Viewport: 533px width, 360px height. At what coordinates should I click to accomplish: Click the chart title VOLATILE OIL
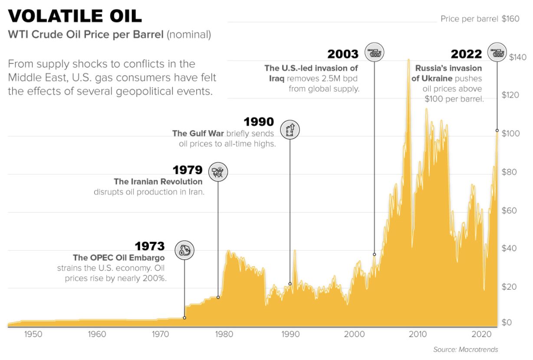click(75, 16)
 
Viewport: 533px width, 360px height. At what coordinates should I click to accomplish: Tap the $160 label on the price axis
click(510, 19)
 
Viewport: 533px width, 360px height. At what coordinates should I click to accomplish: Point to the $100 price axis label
click(510, 134)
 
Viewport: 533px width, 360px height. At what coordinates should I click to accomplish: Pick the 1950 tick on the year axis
click(33, 334)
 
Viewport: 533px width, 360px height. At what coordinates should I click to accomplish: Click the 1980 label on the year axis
click(224, 334)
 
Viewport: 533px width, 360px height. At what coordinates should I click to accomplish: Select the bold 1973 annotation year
click(150, 246)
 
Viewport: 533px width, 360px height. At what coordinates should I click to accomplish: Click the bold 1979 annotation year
click(188, 170)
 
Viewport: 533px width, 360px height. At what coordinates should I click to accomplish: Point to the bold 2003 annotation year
click(343, 54)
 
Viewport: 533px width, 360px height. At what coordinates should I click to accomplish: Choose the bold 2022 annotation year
click(466, 54)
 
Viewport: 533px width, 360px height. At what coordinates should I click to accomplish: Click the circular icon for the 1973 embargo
click(184, 250)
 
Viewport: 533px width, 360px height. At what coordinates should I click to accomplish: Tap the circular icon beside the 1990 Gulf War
click(290, 129)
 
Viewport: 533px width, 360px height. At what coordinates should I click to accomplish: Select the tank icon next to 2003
click(374, 52)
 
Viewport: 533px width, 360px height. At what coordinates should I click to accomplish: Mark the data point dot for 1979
click(218, 297)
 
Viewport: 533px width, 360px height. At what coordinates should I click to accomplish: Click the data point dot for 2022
click(497, 131)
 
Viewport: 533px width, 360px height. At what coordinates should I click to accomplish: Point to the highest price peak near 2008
click(408, 60)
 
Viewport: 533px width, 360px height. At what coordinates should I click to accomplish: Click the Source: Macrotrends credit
click(465, 350)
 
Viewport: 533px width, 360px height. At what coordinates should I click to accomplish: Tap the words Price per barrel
click(469, 19)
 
